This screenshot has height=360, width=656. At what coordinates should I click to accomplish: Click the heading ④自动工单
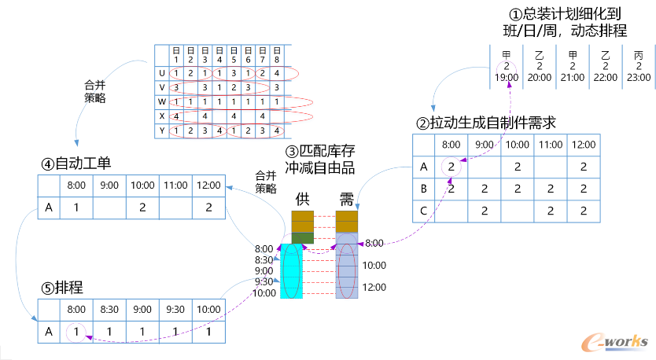click(x=76, y=164)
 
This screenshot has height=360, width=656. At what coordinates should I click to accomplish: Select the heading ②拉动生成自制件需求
click(x=487, y=123)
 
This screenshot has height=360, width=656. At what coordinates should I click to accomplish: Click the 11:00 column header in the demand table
click(x=550, y=145)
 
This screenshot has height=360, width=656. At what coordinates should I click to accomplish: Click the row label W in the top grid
click(x=162, y=101)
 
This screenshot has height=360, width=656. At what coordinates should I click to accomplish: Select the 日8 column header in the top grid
click(x=276, y=55)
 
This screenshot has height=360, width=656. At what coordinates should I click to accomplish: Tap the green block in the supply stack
click(x=303, y=237)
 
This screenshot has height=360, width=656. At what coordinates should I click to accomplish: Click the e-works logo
click(x=614, y=342)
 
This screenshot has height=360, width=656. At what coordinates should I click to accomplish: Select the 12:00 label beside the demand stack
click(x=374, y=288)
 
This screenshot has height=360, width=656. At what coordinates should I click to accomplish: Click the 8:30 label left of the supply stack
click(x=265, y=259)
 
